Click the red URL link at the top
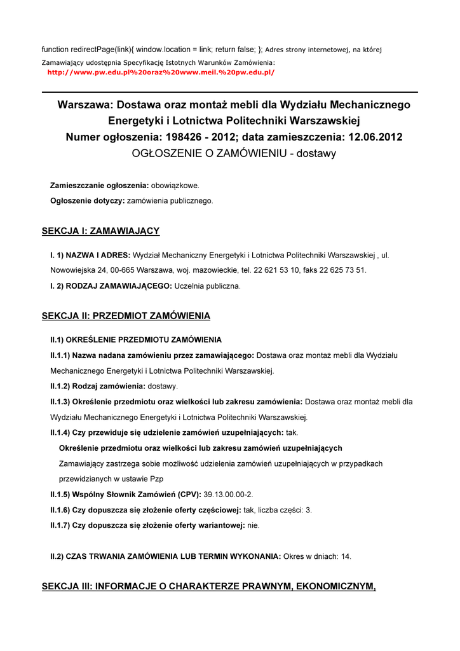tap(161, 72)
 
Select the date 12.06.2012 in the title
tap(375, 137)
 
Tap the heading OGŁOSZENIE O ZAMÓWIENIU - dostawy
tap(234, 153)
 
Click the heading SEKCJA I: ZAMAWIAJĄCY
tap(100, 231)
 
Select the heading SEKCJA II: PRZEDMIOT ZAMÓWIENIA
tap(126, 316)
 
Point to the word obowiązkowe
tap(175, 186)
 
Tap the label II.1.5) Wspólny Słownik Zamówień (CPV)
tap(125, 494)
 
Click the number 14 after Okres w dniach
tap(346, 556)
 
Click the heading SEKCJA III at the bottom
tap(208, 586)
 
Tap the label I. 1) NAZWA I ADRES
tap(90, 255)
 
